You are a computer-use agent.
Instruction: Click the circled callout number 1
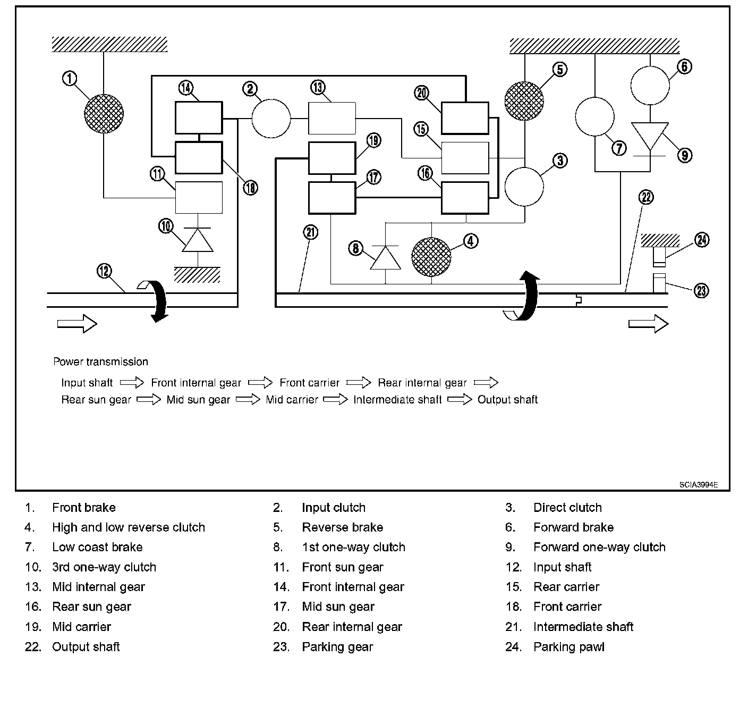(x=70, y=79)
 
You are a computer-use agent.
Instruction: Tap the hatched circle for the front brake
(x=104, y=114)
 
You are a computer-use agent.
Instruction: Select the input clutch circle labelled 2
(x=271, y=118)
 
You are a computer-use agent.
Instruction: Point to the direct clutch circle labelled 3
(x=524, y=187)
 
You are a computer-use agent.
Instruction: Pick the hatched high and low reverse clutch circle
(x=431, y=257)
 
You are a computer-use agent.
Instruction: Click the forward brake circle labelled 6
(x=650, y=86)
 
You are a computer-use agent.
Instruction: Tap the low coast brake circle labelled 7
(x=595, y=116)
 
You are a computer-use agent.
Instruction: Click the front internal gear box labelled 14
(x=199, y=117)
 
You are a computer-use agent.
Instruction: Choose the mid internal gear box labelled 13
(x=332, y=118)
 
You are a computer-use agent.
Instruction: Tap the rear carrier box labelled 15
(x=465, y=158)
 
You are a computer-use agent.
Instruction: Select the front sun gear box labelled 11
(x=199, y=198)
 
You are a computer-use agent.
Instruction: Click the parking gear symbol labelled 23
(x=659, y=282)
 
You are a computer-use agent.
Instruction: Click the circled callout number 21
(x=311, y=232)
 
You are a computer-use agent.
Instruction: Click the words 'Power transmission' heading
(x=100, y=362)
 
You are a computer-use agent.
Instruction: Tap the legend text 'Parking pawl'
(x=569, y=647)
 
